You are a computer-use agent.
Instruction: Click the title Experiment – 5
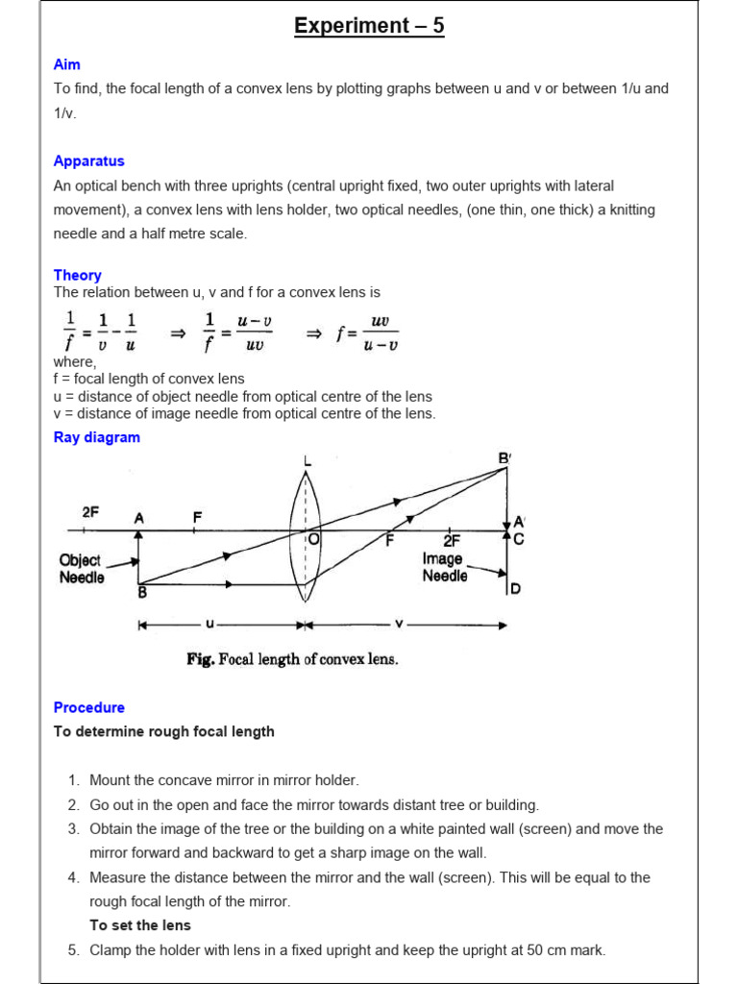pos(369,26)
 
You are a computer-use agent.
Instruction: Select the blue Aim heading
pos(67,64)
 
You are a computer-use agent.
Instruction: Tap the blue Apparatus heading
pos(88,161)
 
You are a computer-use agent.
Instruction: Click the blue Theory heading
pos(77,275)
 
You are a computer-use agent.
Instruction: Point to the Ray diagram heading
pos(96,437)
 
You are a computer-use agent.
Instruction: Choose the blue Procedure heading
pos(88,707)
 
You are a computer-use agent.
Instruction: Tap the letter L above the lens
pos(307,462)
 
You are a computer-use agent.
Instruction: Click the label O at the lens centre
pos(313,540)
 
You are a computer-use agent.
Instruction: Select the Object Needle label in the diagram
pos(82,569)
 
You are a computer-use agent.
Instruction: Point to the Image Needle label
pos(444,567)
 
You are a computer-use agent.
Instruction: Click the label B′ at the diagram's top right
pos(504,459)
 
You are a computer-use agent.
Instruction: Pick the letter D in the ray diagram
pos(515,588)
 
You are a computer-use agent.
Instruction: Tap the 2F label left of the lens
pos(90,513)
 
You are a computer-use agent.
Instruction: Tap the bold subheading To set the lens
pos(140,925)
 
